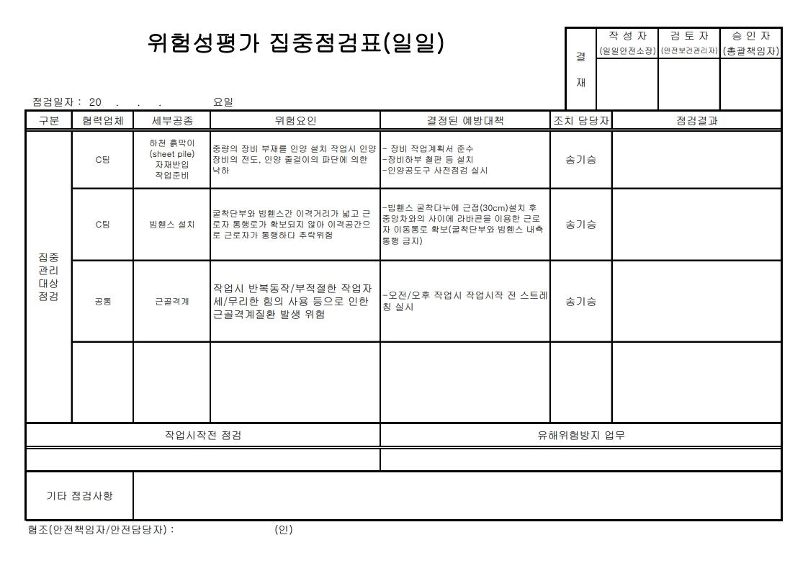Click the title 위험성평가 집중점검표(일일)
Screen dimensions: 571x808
tap(295, 44)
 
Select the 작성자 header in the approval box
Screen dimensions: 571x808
tap(628, 35)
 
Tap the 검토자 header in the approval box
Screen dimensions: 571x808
tap(689, 35)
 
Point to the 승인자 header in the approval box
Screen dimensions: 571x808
tap(750, 35)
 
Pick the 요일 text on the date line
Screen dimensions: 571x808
tap(223, 102)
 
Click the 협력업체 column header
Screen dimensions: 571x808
tap(102, 121)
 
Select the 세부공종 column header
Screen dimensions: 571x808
tap(171, 121)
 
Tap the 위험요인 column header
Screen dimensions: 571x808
tap(295, 121)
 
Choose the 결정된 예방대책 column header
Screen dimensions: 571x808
tap(465, 121)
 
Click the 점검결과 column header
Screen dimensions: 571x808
tap(696, 121)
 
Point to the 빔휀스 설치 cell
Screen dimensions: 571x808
tap(171, 225)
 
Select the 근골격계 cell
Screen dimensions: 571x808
tap(171, 302)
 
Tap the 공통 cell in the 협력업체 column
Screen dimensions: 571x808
tap(102, 302)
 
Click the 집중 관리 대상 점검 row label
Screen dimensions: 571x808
tap(49, 277)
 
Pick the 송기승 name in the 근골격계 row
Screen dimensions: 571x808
tap(580, 302)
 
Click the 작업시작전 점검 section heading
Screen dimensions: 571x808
tap(203, 435)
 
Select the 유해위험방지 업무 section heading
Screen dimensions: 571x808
tap(580, 435)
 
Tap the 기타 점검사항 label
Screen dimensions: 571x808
tap(79, 495)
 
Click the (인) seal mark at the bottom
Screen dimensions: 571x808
tap(284, 530)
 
